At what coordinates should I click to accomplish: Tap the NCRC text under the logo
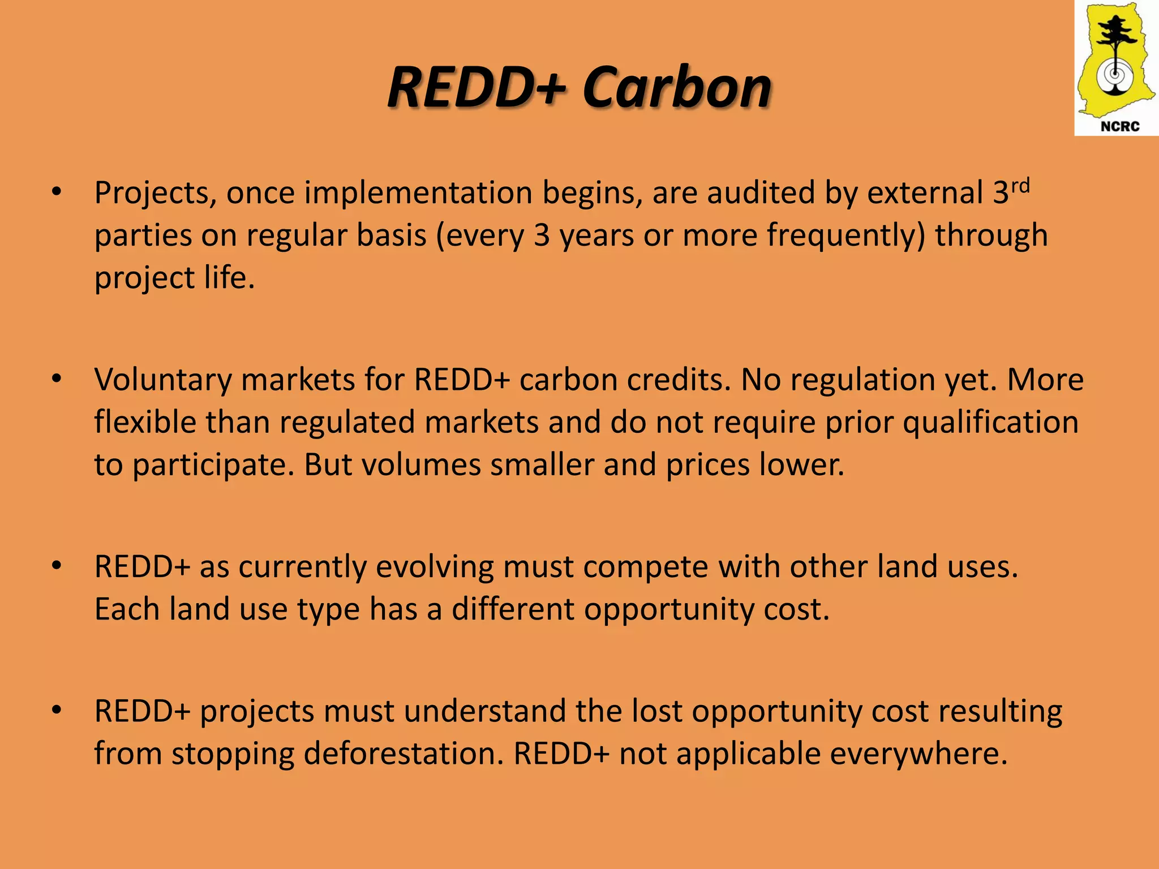point(1119,126)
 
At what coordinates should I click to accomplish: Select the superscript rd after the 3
point(1020,185)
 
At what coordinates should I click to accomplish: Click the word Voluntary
point(163,380)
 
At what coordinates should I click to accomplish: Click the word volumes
point(421,465)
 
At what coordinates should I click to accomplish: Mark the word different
point(513,610)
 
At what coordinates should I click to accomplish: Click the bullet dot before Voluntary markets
point(56,379)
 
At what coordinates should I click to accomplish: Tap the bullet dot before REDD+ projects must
point(56,710)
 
